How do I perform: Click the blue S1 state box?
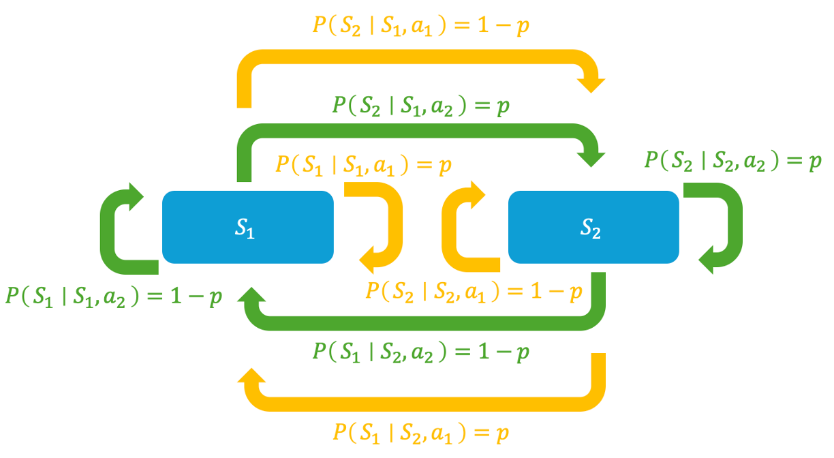[x=204, y=227]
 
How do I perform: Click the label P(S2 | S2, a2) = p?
[x=732, y=161]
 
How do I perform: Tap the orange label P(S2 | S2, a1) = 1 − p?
[x=474, y=292]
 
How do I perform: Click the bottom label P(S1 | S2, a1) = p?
[x=421, y=433]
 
